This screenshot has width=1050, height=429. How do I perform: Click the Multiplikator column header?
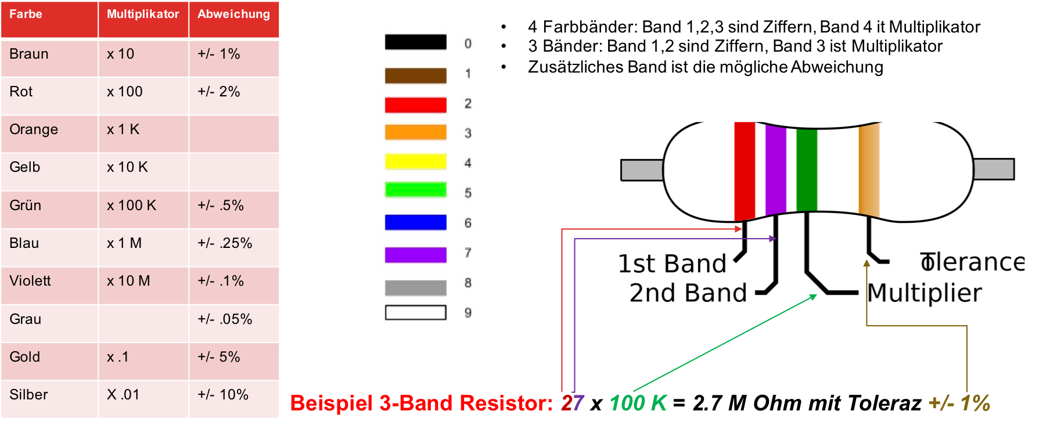[143, 15]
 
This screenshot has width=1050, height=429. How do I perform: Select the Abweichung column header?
[233, 15]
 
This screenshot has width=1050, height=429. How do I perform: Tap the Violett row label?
[30, 281]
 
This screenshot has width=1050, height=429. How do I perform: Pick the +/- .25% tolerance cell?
[225, 243]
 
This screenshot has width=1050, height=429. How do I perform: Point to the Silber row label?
[28, 395]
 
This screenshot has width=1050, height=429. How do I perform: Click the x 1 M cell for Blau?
[124, 243]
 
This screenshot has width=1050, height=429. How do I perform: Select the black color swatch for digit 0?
[415, 42]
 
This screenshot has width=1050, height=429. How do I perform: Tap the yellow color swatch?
[415, 161]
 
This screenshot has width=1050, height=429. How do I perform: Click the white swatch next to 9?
[415, 312]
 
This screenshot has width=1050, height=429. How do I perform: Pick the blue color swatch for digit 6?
[415, 222]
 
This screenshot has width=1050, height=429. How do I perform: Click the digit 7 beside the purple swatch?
[468, 253]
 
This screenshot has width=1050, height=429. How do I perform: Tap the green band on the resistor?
[806, 170]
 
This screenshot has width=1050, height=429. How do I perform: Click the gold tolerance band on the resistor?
[869, 170]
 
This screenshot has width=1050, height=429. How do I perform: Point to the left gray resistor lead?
[642, 170]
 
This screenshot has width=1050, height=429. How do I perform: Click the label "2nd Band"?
[688, 293]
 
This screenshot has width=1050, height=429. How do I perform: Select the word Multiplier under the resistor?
[924, 293]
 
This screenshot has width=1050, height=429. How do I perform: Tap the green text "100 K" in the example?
[638, 403]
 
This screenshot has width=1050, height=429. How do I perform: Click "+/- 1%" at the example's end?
[959, 403]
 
